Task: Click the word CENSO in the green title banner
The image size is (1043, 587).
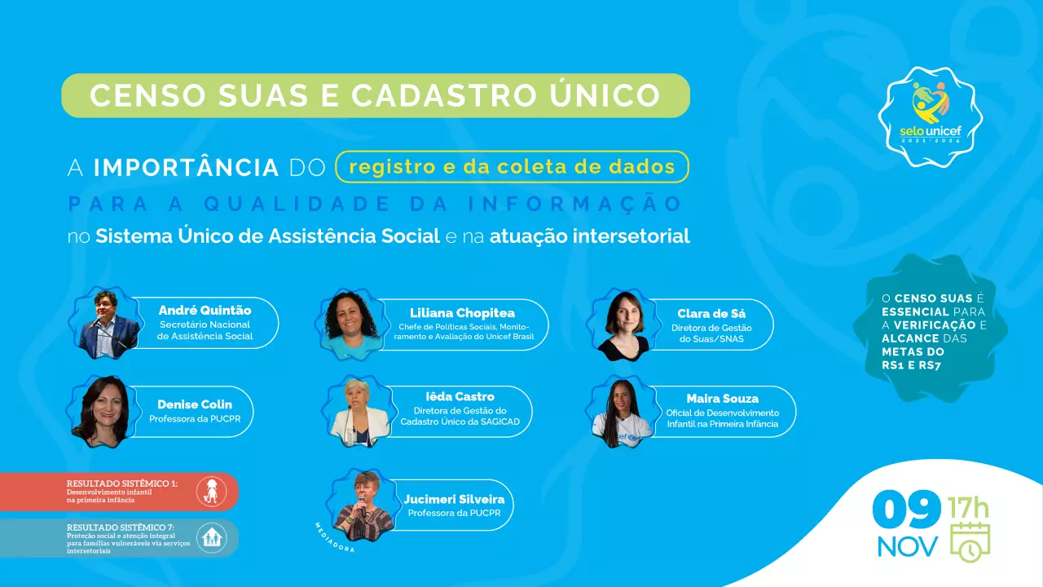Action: (x=147, y=95)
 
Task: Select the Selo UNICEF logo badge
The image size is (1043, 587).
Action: (x=931, y=117)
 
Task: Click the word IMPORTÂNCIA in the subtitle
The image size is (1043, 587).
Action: (x=186, y=167)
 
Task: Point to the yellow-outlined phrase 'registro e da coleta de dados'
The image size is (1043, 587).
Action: (x=513, y=167)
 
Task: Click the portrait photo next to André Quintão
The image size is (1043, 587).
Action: (x=107, y=323)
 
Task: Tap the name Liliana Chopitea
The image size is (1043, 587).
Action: (x=462, y=313)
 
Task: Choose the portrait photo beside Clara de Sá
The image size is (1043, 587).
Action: (x=623, y=324)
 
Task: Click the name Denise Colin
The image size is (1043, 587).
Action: (x=195, y=404)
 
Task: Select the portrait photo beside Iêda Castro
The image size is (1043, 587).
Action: (x=359, y=412)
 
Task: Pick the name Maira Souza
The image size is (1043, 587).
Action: (x=722, y=399)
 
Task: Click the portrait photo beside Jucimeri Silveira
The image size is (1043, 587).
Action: (x=363, y=505)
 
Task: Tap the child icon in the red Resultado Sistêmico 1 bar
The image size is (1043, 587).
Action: (x=211, y=492)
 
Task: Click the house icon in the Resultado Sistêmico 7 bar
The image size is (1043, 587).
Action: (x=211, y=538)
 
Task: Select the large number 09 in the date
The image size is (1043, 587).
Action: (x=906, y=510)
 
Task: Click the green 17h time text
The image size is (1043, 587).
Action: (x=969, y=508)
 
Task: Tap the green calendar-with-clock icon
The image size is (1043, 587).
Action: (x=970, y=542)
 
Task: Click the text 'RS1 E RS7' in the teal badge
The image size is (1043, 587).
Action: (x=911, y=365)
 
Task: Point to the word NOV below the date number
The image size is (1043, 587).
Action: (x=908, y=546)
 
